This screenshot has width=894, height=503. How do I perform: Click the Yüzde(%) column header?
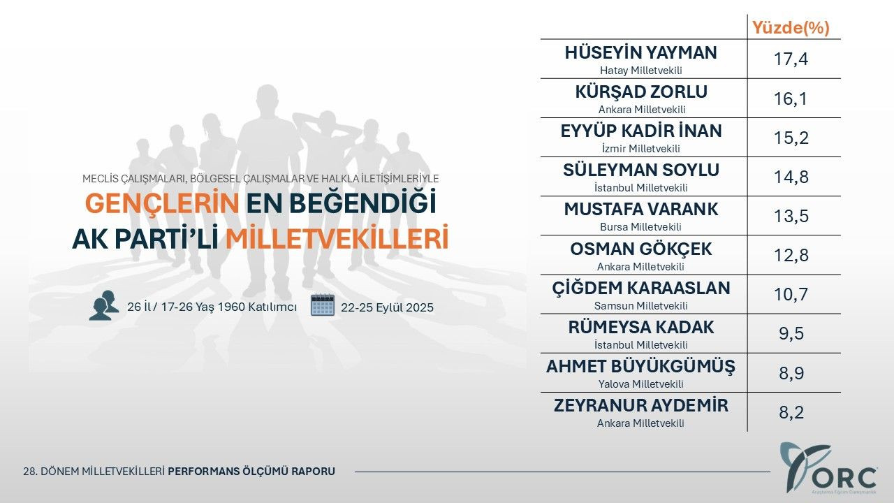click(x=790, y=28)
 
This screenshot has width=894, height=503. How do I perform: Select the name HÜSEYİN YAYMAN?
click(x=640, y=53)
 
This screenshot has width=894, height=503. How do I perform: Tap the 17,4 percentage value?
click(x=791, y=60)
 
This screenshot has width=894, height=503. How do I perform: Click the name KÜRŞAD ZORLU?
click(x=641, y=92)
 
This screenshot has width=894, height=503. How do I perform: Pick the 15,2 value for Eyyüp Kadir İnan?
click(x=791, y=138)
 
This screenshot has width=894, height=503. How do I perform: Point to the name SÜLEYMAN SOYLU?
click(x=641, y=170)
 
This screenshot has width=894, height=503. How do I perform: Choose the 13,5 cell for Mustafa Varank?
click(x=791, y=217)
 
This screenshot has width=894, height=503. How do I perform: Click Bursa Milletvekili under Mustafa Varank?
click(x=640, y=227)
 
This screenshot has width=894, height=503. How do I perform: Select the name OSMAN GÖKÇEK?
click(x=641, y=249)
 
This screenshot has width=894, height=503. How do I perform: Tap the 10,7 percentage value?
click(x=791, y=295)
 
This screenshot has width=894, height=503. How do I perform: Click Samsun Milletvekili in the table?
click(x=640, y=305)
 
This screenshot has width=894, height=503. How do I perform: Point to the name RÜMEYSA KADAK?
click(x=641, y=327)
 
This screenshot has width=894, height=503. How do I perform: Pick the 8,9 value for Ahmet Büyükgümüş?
click(x=791, y=373)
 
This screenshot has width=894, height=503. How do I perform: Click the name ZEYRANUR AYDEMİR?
click(x=641, y=405)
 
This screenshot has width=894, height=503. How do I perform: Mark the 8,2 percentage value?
click(x=791, y=412)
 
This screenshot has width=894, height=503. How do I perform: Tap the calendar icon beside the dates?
click(x=323, y=306)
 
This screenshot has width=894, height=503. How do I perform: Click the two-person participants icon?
click(x=103, y=306)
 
